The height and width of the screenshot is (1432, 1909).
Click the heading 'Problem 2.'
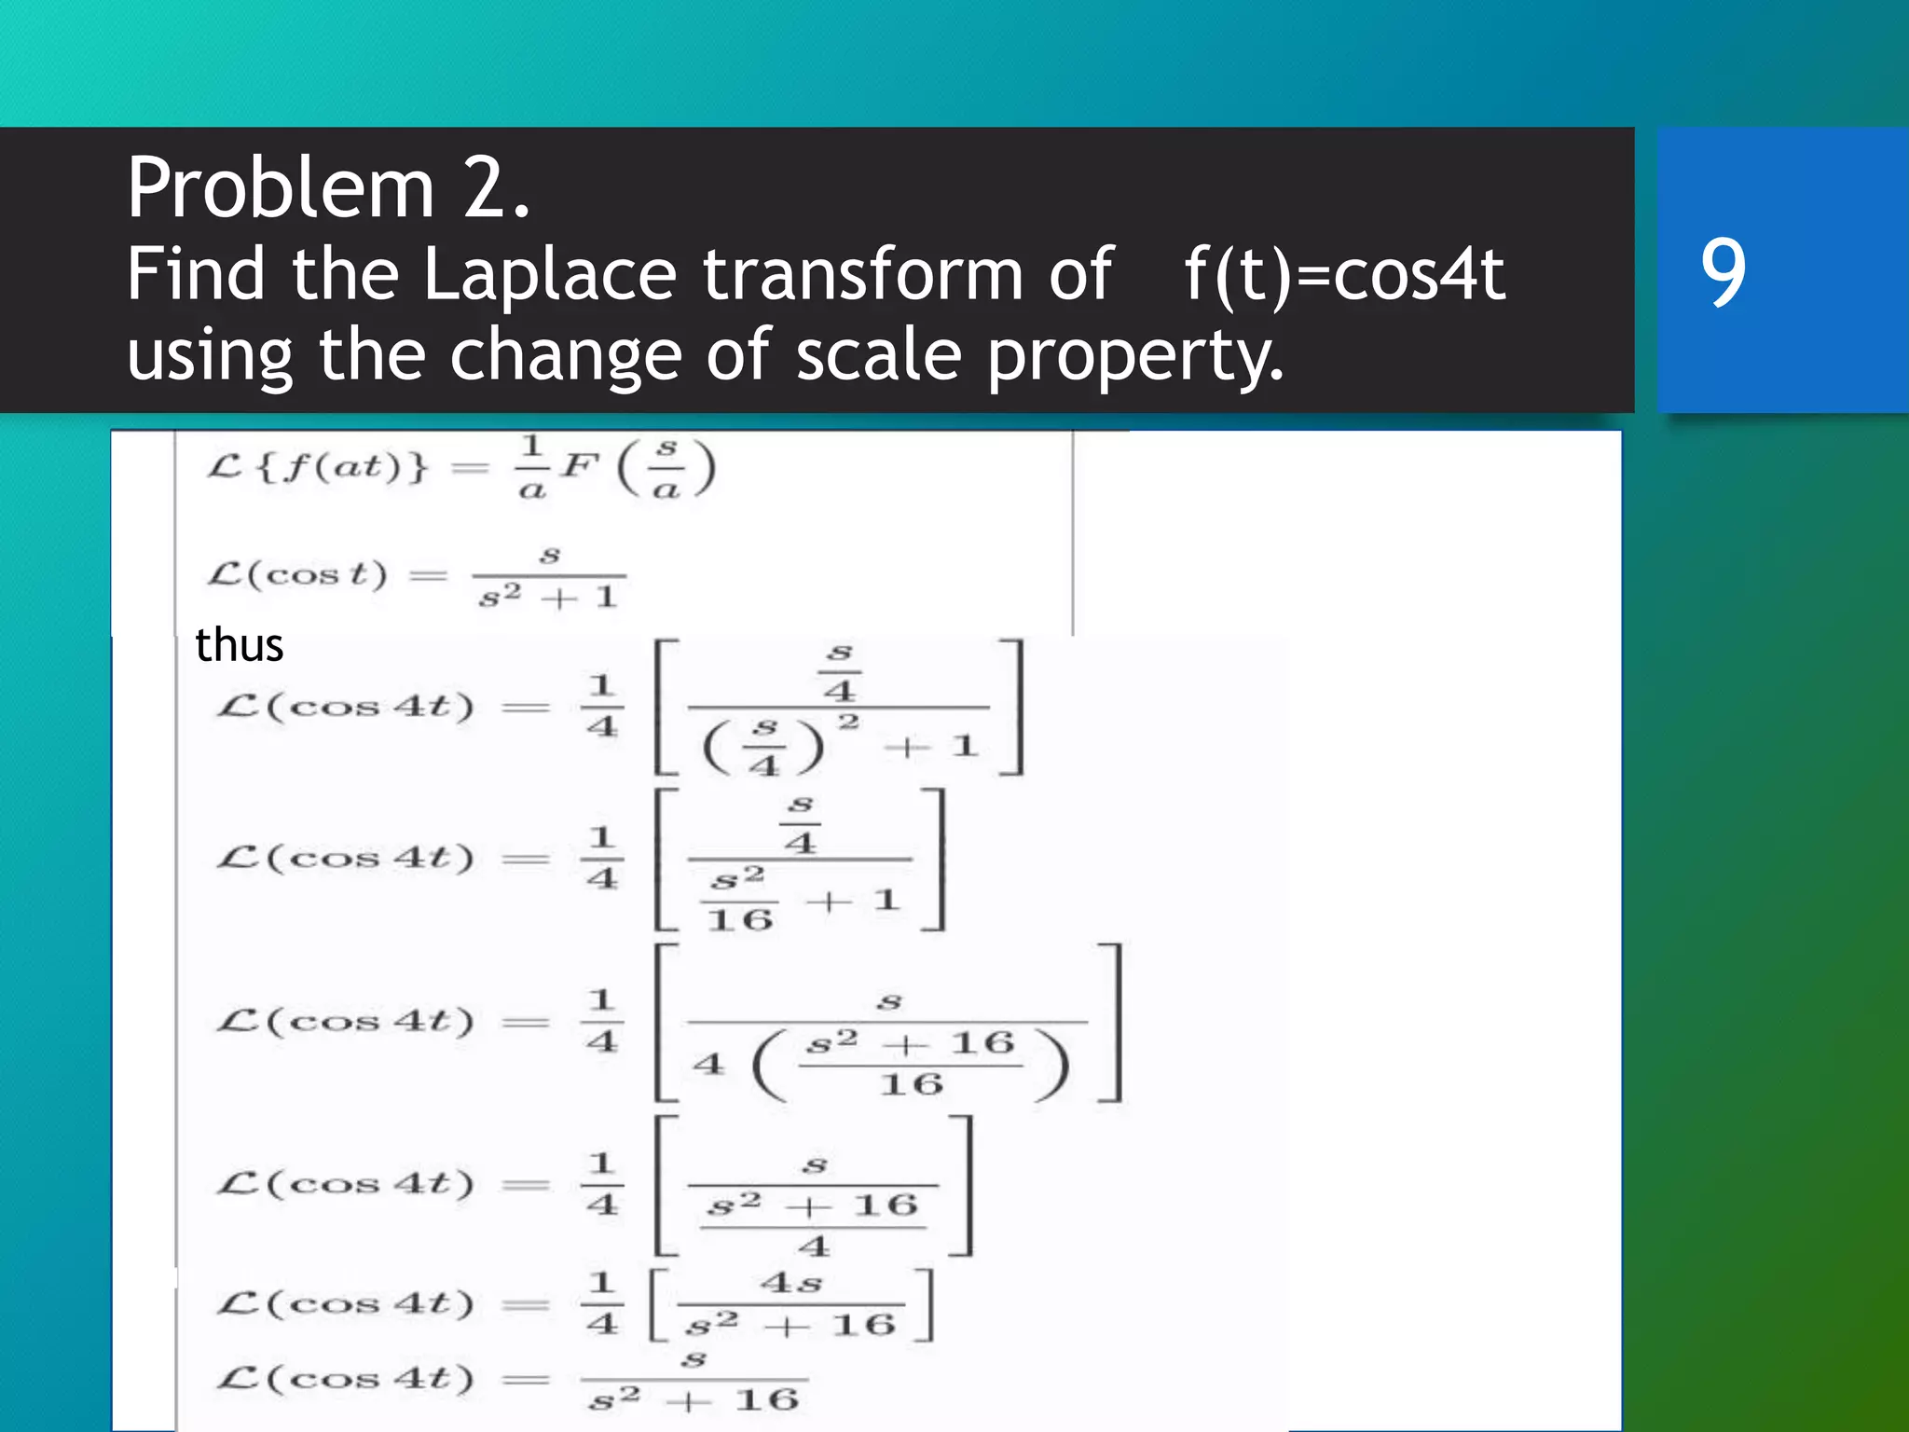328,188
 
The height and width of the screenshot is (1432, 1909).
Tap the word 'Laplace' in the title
549,275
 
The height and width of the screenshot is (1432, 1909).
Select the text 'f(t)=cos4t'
1343,275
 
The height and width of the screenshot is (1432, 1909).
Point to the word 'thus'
239,645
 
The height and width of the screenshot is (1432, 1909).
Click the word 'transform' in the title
862,275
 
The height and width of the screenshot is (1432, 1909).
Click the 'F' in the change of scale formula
579,465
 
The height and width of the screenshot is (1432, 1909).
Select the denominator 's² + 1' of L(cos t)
548,597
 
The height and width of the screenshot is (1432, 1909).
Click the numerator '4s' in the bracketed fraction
790,1284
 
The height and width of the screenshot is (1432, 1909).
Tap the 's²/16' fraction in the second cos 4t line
739,900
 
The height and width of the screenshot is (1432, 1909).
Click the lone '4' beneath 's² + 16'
813,1246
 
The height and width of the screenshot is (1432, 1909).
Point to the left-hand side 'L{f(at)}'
318,466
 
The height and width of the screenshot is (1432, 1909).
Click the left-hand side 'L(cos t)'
297,574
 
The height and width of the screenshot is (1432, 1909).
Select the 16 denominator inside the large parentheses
911,1084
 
